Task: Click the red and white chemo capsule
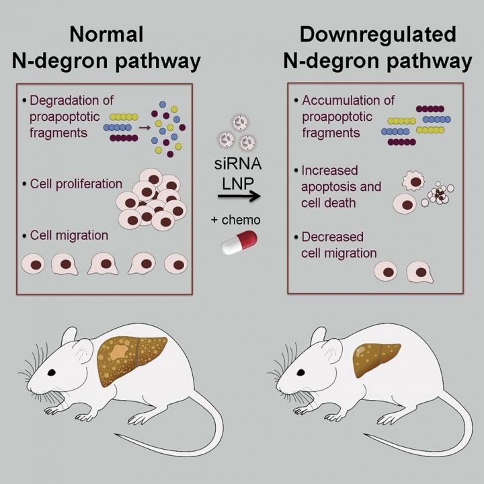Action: pos(241,241)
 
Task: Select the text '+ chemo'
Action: pos(241,219)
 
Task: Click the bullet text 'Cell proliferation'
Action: pos(76,184)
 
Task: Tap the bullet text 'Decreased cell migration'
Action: pos(337,245)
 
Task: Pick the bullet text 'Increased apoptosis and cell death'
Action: pos(341,186)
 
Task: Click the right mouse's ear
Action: pos(331,349)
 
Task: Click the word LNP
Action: pos(240,180)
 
